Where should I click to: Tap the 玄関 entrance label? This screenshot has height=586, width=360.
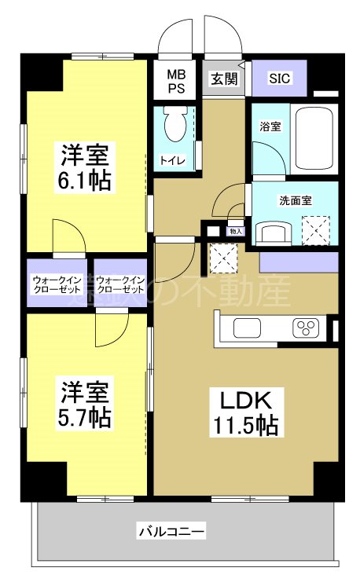click(223, 79)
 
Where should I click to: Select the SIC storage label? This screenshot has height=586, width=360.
click(278, 79)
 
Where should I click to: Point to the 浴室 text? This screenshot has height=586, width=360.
click(270, 126)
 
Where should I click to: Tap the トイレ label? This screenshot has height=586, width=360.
click(173, 160)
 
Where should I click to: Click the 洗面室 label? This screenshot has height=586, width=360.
click(295, 200)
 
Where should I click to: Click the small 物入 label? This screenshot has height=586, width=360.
click(235, 231)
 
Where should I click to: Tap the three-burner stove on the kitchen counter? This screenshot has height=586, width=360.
click(305, 328)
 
